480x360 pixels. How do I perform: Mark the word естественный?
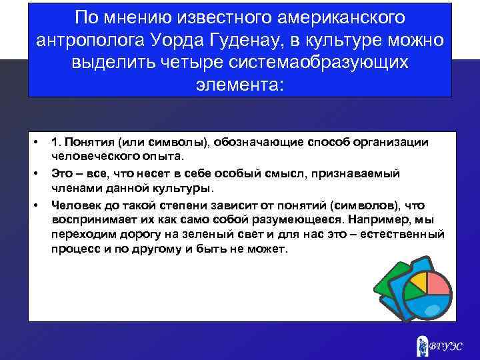(x=405, y=235)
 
